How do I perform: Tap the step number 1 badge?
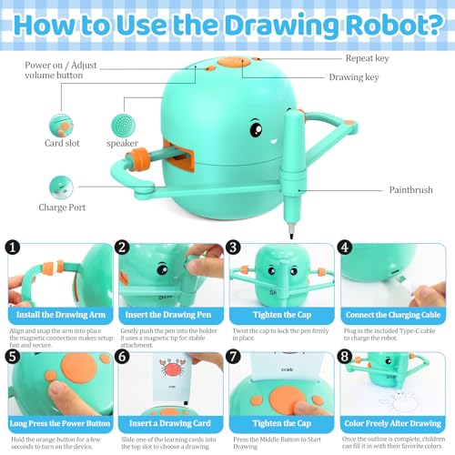[x=13, y=247]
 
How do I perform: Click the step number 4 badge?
[x=344, y=247]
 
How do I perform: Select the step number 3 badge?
[x=234, y=247]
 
